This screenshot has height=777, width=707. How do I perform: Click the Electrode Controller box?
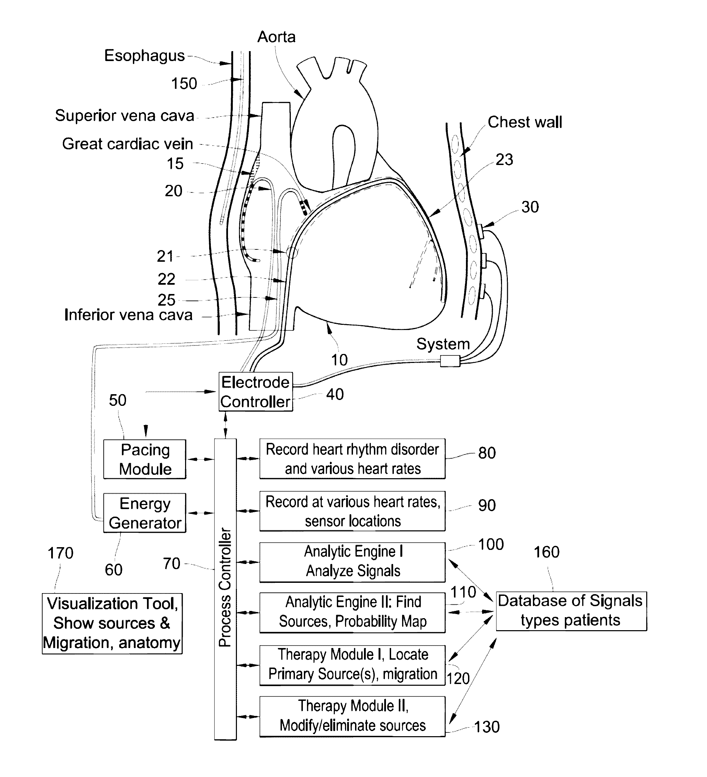point(256,391)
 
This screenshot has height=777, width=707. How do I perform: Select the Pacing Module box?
point(145,459)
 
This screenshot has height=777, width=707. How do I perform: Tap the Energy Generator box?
point(145,513)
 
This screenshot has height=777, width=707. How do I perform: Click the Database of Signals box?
point(571,611)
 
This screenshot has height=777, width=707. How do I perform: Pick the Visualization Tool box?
point(112,623)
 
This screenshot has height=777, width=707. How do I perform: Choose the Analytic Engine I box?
point(352,562)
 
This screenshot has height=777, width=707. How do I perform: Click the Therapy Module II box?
point(352,716)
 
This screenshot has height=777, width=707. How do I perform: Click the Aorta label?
point(276,37)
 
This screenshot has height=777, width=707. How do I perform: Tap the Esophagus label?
point(144,56)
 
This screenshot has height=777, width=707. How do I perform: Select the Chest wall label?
point(525,122)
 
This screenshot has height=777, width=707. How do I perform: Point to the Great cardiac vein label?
point(127,144)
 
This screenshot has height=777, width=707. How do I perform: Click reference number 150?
point(184,84)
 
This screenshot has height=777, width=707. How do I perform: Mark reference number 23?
point(504,160)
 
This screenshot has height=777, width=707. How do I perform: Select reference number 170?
point(60,553)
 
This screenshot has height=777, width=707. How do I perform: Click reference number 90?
point(487,505)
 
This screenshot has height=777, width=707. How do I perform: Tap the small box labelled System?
point(450,362)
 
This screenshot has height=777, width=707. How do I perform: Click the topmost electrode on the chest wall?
point(481,231)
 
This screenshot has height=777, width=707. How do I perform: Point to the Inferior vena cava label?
point(128,315)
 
